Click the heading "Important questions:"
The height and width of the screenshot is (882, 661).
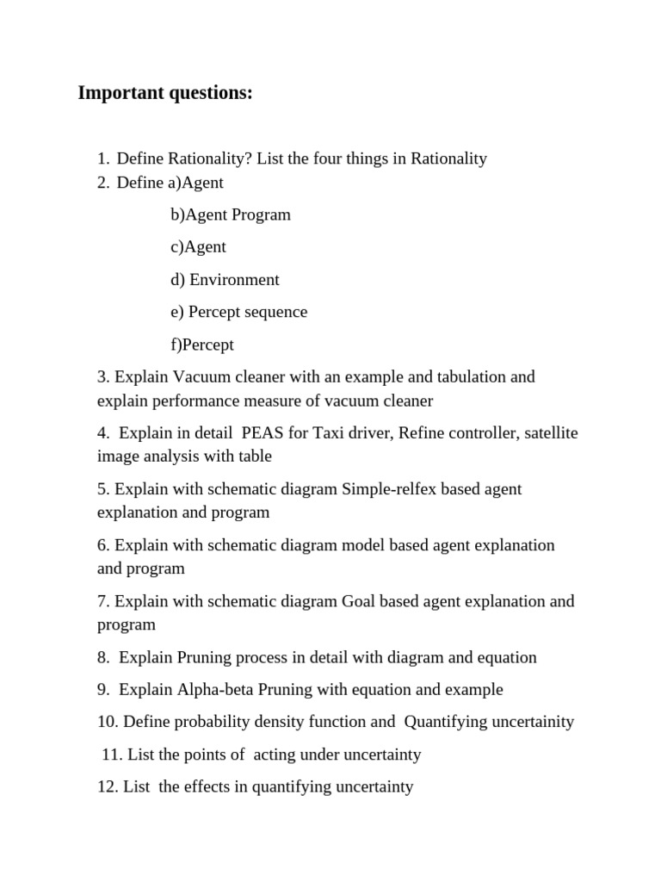click(x=165, y=93)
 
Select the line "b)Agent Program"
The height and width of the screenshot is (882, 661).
click(x=231, y=214)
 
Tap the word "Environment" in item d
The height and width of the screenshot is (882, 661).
click(x=234, y=280)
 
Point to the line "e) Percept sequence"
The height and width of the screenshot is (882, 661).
click(x=238, y=312)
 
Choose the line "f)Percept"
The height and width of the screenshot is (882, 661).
click(x=202, y=345)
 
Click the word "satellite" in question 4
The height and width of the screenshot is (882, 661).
click(x=551, y=433)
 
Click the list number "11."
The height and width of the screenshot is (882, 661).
click(x=112, y=755)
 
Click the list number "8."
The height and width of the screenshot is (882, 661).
click(x=104, y=658)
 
